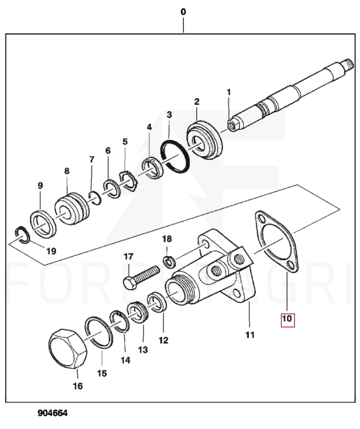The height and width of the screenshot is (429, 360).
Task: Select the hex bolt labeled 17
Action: point(141,277)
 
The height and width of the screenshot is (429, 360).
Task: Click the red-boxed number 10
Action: point(288,319)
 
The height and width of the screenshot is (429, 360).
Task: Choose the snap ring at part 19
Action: point(21,235)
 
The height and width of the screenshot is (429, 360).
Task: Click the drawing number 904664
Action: point(52,413)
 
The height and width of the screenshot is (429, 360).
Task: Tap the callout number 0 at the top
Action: point(183,12)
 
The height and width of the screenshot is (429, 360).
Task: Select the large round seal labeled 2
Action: point(205,139)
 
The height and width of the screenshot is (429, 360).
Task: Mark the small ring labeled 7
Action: point(95,198)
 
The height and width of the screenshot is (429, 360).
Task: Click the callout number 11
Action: point(250,335)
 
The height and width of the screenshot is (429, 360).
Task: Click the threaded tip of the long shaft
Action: point(349,64)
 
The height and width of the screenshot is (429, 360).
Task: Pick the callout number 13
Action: point(143,350)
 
